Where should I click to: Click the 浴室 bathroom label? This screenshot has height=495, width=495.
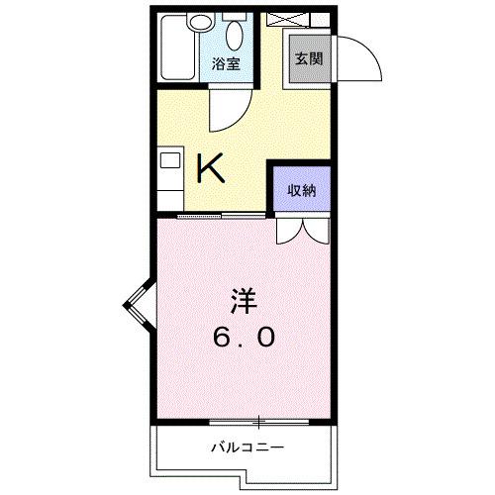[227, 65]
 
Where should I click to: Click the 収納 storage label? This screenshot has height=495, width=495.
[302, 191]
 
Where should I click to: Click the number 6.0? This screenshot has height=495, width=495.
[241, 337]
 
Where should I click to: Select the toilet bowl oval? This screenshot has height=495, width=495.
[235, 38]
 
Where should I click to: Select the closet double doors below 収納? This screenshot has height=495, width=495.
[302, 230]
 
